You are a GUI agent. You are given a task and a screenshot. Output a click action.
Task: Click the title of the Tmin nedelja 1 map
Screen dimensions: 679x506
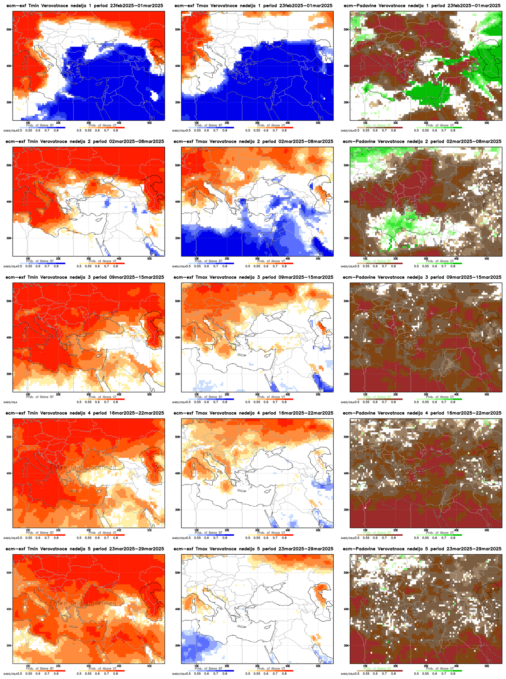85,6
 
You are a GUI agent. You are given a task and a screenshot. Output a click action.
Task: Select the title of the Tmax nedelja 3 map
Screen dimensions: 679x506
254,277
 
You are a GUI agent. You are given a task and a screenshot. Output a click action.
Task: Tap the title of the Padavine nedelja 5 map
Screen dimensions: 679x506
422,549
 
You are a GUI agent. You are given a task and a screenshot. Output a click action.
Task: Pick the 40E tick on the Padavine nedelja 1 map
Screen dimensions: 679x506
457,123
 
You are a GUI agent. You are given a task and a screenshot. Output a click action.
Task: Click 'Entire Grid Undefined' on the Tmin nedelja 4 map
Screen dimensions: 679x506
83,468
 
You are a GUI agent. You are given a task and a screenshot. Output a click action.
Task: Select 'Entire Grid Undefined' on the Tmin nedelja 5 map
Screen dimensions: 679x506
83,603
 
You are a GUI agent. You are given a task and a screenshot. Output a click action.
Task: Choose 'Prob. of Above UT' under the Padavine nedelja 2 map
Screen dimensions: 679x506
439,261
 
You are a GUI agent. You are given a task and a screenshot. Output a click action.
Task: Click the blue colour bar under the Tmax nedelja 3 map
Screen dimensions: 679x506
211,399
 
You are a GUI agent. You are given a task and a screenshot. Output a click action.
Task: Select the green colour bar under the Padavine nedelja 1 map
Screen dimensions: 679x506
439,128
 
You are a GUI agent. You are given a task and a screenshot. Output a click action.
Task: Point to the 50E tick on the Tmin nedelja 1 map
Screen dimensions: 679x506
150,123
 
